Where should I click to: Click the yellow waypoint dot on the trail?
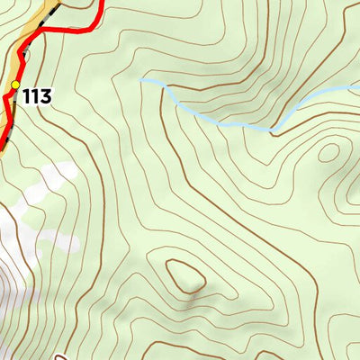tap(15, 85)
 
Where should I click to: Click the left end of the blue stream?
tap(141, 81)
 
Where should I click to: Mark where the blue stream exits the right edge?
tap(358, 85)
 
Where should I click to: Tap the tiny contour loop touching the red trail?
tap(25, 56)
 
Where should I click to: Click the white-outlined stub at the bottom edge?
tap(62, 357)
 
